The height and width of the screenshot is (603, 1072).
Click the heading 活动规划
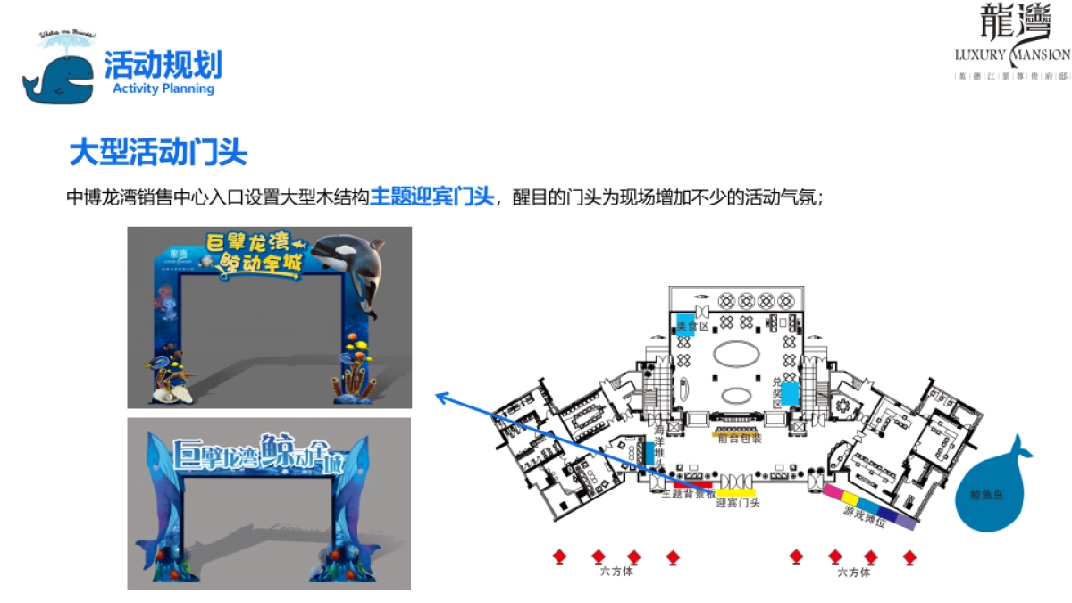coord(163,64)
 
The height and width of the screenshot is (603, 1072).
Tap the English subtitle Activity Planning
coord(163,88)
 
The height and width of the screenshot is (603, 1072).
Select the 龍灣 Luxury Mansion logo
coord(1011,41)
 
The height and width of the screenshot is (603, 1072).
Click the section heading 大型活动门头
coord(158,152)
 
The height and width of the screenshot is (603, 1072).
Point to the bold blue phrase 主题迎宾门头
coord(431,197)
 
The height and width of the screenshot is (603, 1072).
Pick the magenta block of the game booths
coord(833,491)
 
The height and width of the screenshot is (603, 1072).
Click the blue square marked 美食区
coord(686,323)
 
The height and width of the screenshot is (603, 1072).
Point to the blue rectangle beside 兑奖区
coord(789,391)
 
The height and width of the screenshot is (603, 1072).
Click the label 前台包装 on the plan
coord(740,438)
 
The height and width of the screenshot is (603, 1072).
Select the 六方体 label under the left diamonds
coord(616,572)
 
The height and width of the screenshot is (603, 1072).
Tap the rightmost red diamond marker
coord(909,557)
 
